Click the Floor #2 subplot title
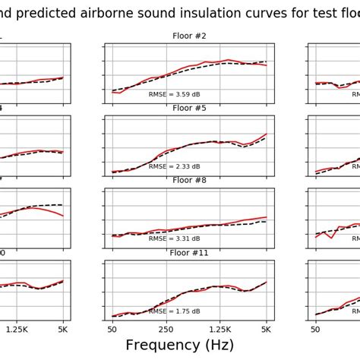pos(189,36)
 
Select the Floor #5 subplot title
pos(189,108)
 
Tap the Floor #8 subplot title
pos(189,180)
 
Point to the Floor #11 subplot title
pos(189,252)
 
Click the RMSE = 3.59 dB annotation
pos(174,94)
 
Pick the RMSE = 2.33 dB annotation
pos(174,166)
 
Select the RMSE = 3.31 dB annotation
pos(174,238)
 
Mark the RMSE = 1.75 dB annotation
pos(174,311)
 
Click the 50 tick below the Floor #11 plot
pos(112,329)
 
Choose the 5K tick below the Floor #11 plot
pos(267,329)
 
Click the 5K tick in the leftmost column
pos(63,329)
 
